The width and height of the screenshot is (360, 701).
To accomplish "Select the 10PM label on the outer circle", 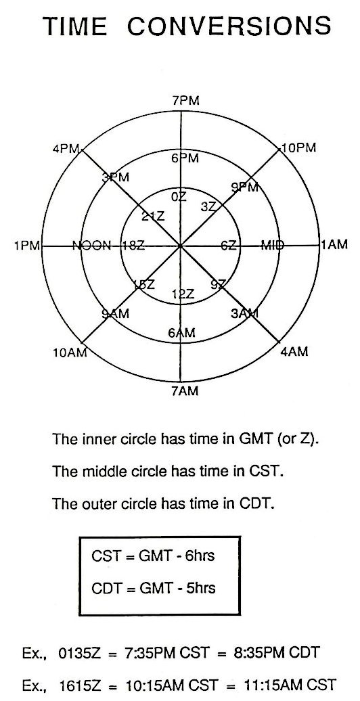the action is coord(298,148).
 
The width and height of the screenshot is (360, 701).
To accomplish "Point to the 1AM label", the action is coord(334,244).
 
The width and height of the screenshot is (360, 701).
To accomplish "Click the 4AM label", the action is coord(294,351).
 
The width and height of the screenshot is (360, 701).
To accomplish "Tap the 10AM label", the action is coord(69,353).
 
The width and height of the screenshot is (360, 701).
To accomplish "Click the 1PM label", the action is coord(27,245).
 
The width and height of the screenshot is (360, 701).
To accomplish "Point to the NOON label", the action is coord(91,245).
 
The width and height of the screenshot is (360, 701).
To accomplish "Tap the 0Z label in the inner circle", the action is coord(179,197).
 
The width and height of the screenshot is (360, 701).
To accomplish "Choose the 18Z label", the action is coord(133,246).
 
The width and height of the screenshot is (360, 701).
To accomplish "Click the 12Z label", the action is coord(183,294).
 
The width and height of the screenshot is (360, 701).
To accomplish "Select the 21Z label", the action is coord(153,216).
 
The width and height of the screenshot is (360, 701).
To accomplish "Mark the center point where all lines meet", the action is coord(180,246).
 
